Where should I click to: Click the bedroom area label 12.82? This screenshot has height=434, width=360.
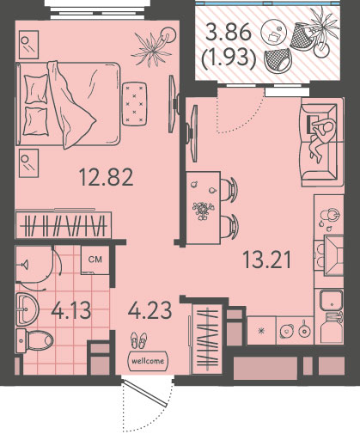click(x=106, y=177)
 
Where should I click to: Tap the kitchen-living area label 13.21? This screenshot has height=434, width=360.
click(x=266, y=260)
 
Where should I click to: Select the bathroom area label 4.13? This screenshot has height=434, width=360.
click(x=71, y=310)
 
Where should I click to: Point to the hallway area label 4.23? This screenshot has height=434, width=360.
click(x=149, y=310)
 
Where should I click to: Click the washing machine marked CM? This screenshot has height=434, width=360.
click(x=95, y=260)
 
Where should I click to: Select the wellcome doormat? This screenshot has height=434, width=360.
click(x=148, y=361)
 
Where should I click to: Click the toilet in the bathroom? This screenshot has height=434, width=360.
click(x=34, y=341)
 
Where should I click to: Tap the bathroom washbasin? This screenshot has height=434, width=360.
click(x=27, y=309)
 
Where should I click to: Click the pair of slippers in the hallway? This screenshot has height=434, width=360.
click(x=139, y=340)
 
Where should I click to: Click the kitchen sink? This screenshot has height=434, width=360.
click(x=331, y=300)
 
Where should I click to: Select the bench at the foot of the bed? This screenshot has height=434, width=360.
click(x=135, y=104)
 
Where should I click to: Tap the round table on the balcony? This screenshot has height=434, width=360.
click(x=274, y=32)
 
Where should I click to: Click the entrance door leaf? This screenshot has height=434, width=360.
click(x=144, y=393)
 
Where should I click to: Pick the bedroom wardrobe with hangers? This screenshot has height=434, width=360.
click(x=64, y=224)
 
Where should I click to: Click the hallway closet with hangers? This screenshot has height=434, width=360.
click(x=207, y=339)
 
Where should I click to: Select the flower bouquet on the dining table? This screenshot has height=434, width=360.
click(x=203, y=210)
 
